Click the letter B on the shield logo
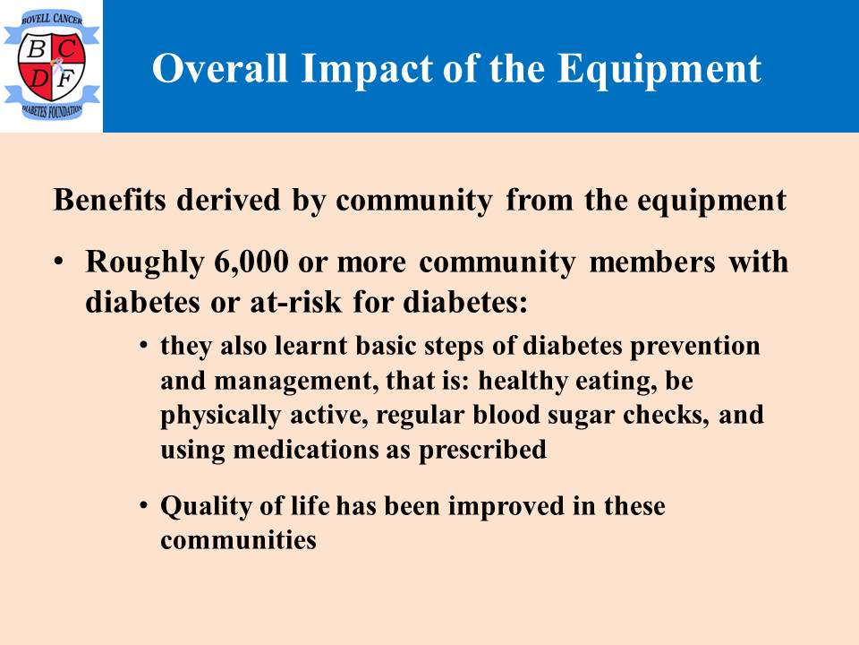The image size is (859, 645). pyautogui.click(x=36, y=50)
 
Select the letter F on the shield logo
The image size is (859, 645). pyautogui.click(x=65, y=80)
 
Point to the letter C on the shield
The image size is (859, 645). pyautogui.click(x=67, y=49)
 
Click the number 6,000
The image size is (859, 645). pyautogui.click(x=251, y=262)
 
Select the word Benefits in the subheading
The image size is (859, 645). pyautogui.click(x=109, y=199)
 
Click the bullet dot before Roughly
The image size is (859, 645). pyautogui.click(x=59, y=261)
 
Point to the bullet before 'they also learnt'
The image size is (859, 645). pyautogui.click(x=143, y=346)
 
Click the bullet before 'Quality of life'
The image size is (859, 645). pyautogui.click(x=143, y=505)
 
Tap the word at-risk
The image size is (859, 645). pyautogui.click(x=296, y=302)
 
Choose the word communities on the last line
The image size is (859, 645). pyautogui.click(x=238, y=539)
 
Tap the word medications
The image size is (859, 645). pyautogui.click(x=306, y=450)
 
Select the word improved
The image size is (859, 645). pyautogui.click(x=506, y=507)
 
